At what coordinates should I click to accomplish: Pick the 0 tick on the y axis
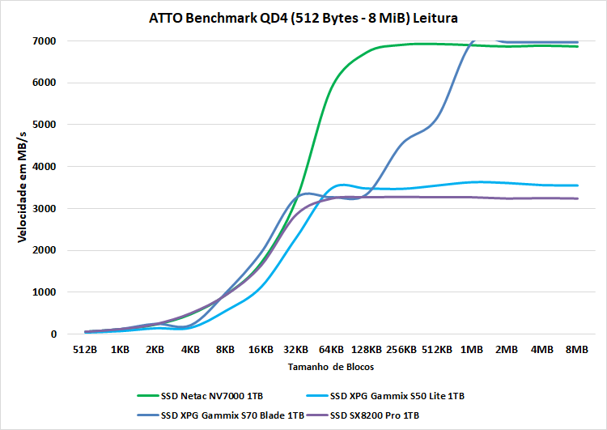53,334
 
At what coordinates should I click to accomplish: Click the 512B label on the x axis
84,351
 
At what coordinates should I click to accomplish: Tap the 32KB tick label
295,351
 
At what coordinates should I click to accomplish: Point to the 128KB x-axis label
366,351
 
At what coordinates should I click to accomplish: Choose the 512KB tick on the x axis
436,351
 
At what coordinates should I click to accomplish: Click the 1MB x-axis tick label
472,351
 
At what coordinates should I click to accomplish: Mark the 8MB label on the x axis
577,351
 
